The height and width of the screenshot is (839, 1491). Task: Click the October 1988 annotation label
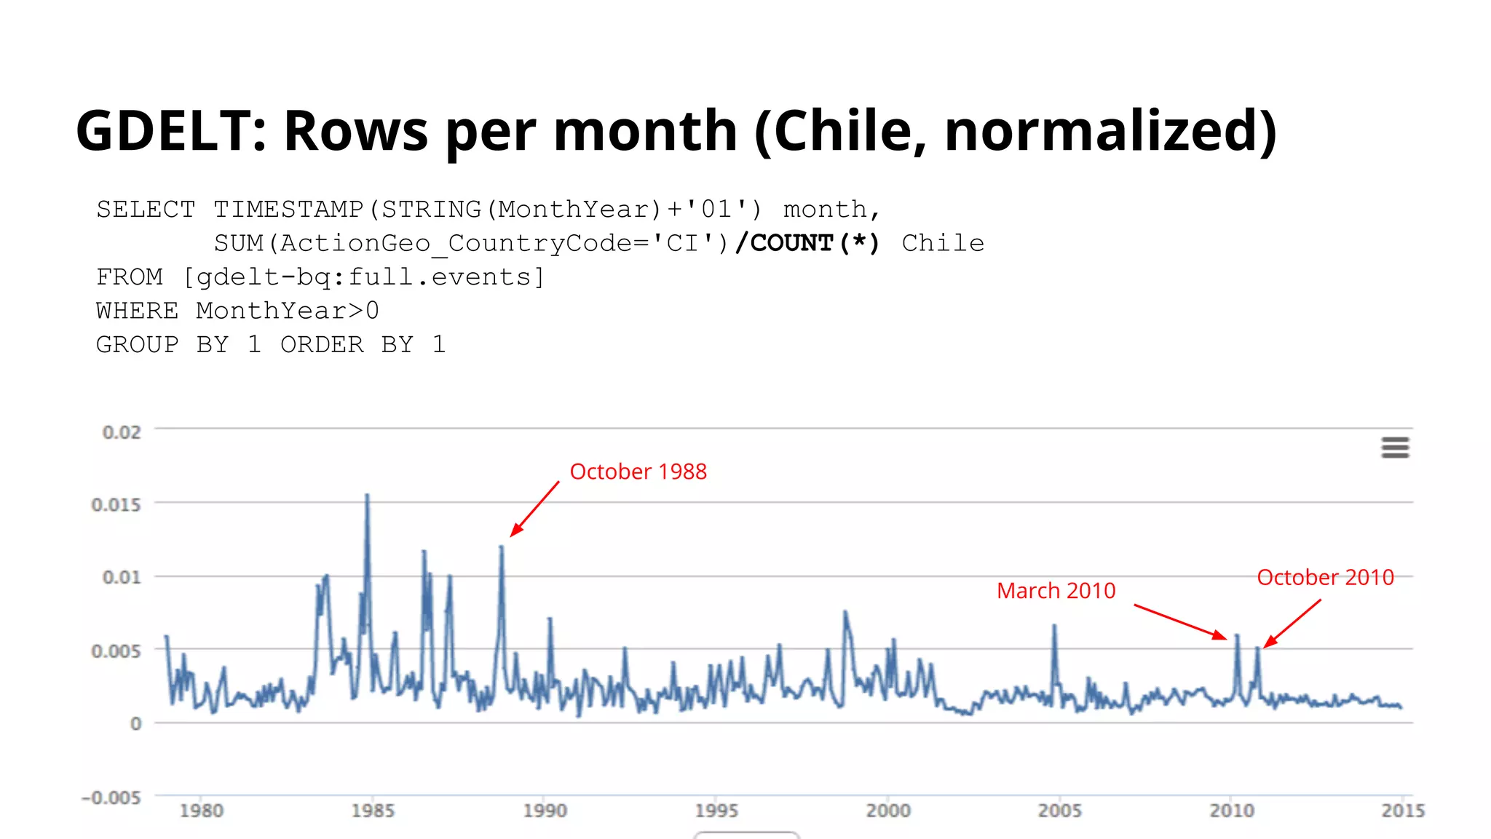coord(638,472)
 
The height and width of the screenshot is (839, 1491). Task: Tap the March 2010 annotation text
coord(1056,590)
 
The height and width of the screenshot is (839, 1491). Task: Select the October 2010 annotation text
coord(1325,577)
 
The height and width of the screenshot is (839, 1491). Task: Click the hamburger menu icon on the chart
coord(1395,448)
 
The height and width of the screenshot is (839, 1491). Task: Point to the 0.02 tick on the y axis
coord(122,432)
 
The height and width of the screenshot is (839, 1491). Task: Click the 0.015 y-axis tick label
coord(116,504)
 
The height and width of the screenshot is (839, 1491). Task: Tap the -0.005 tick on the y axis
coord(111,798)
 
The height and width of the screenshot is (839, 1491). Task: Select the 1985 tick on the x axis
coord(373,811)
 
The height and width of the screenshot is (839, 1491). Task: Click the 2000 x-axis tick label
coord(888,811)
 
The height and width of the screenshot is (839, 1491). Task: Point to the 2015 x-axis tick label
coord(1403,811)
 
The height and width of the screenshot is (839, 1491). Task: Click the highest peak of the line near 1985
coord(367,496)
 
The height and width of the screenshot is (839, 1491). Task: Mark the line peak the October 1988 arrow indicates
coord(502,548)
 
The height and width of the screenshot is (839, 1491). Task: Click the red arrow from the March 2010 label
coord(1179,621)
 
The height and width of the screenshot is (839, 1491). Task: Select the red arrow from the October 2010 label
coord(1292,623)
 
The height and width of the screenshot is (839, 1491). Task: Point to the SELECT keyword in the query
coord(146,210)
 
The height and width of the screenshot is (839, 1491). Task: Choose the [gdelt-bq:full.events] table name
coord(363,277)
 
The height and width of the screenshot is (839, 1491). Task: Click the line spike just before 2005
coord(1054,627)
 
